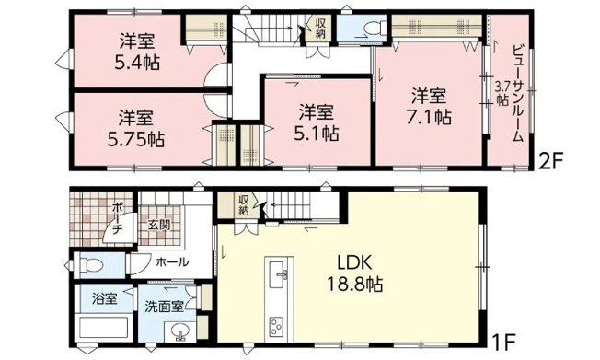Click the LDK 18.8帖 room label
[354, 273]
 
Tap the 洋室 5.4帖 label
[137, 52]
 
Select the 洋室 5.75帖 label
[136, 129]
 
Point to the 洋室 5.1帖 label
[316, 122]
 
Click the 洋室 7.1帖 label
[429, 107]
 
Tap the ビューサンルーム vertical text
[517, 94]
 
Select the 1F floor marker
[504, 342]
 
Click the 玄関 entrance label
[159, 226]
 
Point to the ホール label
[173, 262]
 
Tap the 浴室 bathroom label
[105, 298]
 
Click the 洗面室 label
[164, 307]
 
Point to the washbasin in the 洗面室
[179, 331]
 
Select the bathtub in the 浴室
[103, 327]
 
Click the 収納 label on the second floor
[320, 29]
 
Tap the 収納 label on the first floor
[243, 205]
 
